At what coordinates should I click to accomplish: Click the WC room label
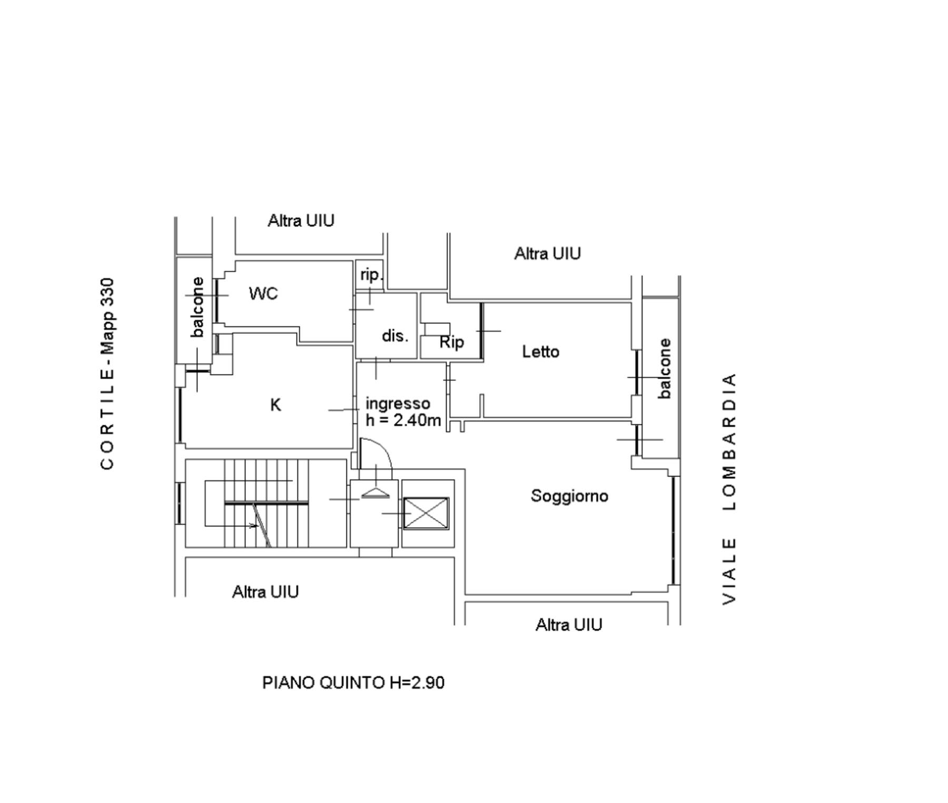click(x=263, y=293)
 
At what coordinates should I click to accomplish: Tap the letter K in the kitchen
click(x=275, y=405)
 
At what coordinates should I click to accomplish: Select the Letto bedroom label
click(x=540, y=351)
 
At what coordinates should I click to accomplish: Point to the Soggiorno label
click(x=569, y=495)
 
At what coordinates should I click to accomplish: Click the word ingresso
click(x=398, y=404)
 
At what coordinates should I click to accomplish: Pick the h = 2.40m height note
click(x=403, y=420)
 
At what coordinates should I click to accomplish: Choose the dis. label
click(x=395, y=335)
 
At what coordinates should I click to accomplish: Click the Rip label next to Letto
click(x=452, y=342)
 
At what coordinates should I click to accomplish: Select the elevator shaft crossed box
click(x=426, y=513)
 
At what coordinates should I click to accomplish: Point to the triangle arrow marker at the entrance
click(x=375, y=493)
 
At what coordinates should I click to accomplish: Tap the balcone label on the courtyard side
click(x=197, y=307)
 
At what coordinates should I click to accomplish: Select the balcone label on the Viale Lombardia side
click(x=665, y=369)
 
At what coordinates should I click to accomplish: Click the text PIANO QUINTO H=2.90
click(x=353, y=682)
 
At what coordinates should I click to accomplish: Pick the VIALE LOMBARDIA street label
click(x=729, y=489)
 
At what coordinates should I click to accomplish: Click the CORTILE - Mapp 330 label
click(x=107, y=373)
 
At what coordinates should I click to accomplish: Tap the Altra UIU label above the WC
click(x=301, y=220)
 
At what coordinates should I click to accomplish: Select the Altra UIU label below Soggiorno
click(x=569, y=624)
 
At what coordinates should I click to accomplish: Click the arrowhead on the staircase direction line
click(x=254, y=526)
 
